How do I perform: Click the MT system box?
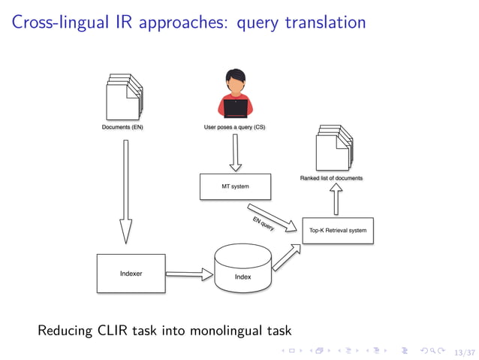tap(235, 186)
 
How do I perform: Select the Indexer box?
tap(131, 274)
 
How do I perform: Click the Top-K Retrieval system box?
tap(337, 230)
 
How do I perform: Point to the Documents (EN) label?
tap(122, 128)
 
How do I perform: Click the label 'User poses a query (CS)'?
tap(234, 128)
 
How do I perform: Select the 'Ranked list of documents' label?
tap(331, 178)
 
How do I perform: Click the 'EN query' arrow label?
tap(264, 223)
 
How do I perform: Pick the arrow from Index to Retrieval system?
tap(285, 256)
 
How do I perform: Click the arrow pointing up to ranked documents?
tap(336, 199)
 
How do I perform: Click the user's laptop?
tap(236, 108)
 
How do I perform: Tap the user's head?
tap(236, 81)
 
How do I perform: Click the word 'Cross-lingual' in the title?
tap(56, 23)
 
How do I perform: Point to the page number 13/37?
tap(465, 351)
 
